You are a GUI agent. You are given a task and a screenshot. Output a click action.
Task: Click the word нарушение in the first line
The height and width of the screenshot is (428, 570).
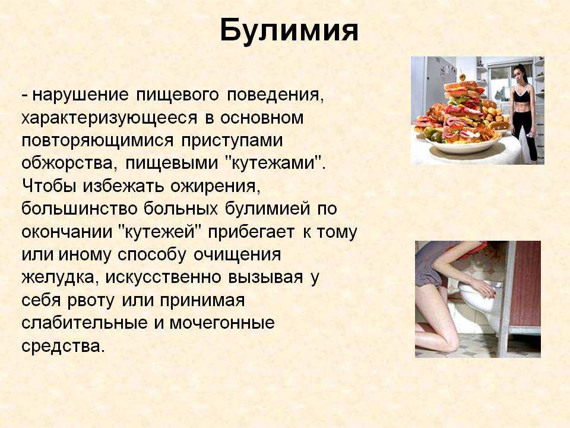click(80, 95)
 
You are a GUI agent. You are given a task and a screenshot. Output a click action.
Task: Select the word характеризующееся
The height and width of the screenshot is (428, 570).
click(109, 118)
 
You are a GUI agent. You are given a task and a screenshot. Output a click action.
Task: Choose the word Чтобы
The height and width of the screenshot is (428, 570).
click(49, 185)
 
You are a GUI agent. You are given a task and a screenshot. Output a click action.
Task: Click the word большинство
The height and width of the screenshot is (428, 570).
click(79, 209)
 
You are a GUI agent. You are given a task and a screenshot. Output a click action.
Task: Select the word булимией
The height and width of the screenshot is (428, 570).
click(268, 209)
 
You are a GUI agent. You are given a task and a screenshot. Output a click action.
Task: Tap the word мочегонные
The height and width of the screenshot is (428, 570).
click(221, 323)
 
